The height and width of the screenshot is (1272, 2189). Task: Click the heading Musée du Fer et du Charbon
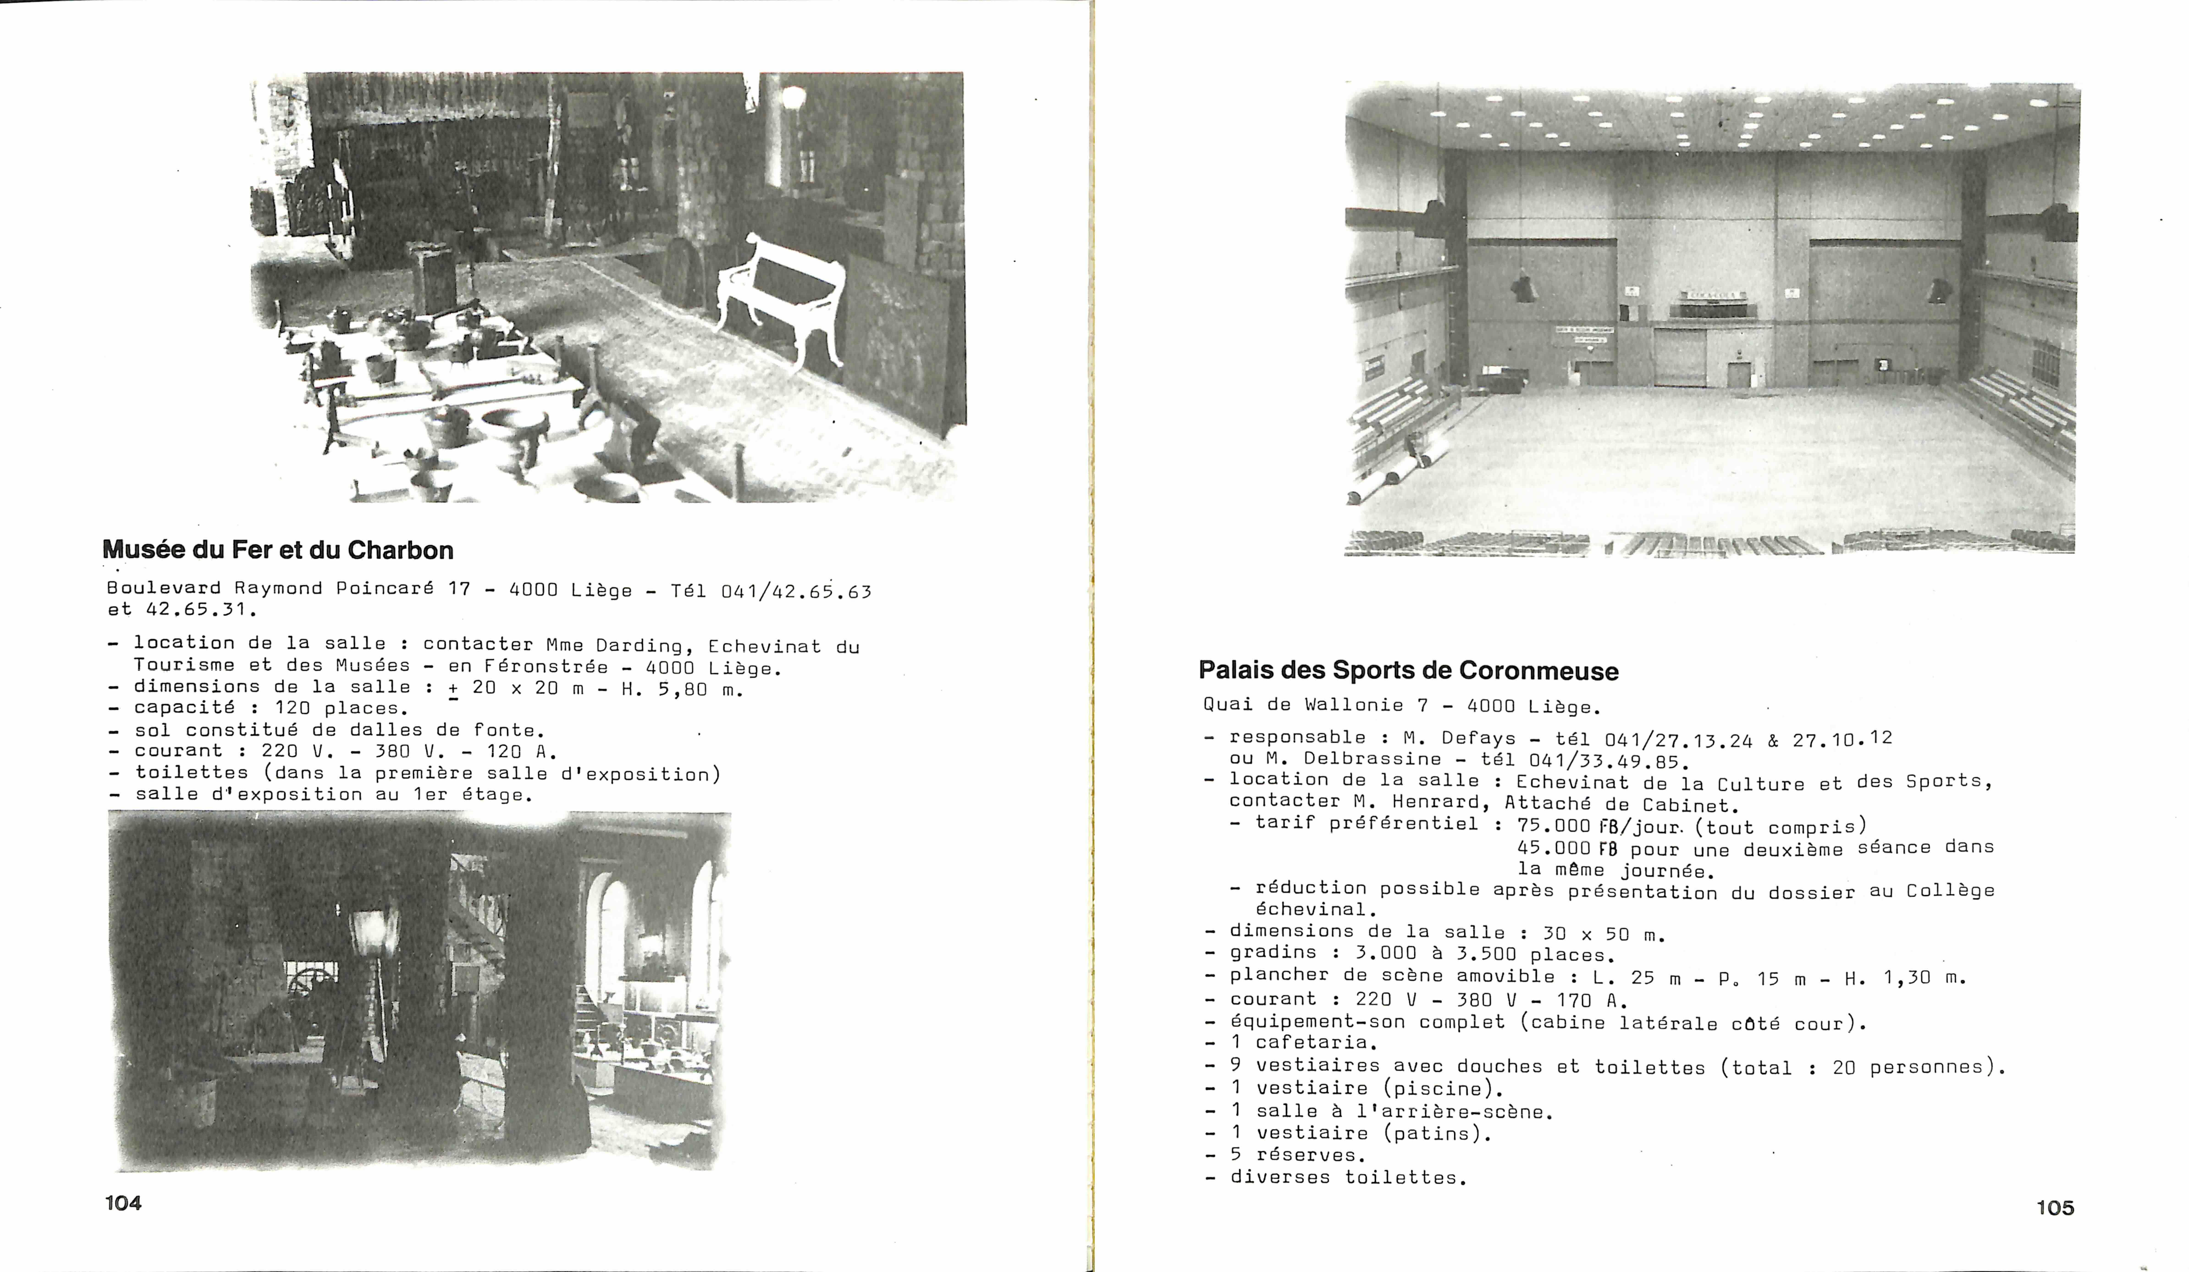[x=278, y=550]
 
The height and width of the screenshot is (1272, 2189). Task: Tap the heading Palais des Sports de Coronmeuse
[x=1408, y=671]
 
